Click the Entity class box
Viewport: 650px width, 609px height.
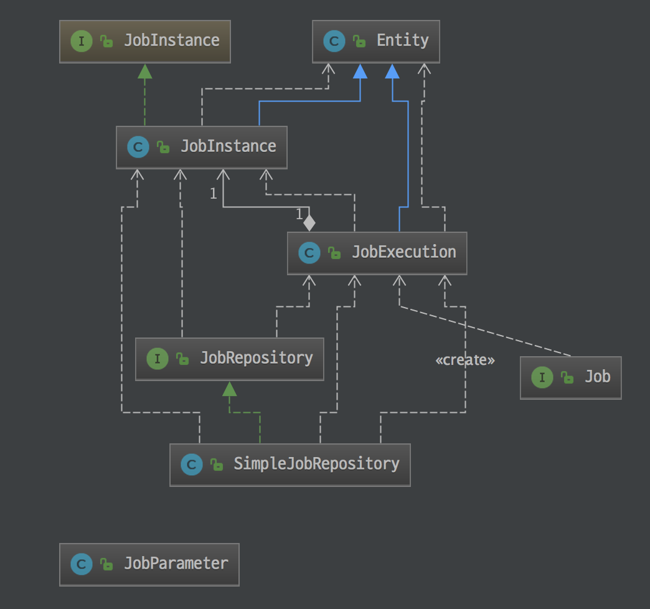(x=376, y=42)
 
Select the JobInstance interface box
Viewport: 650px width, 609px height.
(x=145, y=42)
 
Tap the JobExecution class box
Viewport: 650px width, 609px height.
(x=377, y=253)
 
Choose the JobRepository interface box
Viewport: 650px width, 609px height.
(x=229, y=359)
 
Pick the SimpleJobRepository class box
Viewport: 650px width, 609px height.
(x=290, y=465)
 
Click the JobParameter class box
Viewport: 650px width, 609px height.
(x=149, y=564)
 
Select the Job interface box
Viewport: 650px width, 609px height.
(x=571, y=377)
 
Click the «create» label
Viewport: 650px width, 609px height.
(x=465, y=360)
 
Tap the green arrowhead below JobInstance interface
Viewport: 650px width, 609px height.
(x=145, y=71)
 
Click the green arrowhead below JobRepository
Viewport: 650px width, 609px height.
(x=230, y=389)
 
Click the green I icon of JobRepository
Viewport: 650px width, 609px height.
(x=157, y=359)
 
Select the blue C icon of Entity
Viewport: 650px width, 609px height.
(x=334, y=42)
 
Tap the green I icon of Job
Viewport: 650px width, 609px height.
(x=542, y=377)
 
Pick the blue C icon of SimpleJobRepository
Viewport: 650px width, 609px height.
(x=191, y=465)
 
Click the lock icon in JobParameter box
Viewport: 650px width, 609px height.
(x=107, y=565)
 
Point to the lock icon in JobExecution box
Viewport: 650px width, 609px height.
(x=334, y=253)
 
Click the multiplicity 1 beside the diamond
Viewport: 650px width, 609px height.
(x=299, y=214)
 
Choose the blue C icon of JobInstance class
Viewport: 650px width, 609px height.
(x=138, y=148)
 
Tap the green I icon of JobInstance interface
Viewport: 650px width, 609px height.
(x=82, y=42)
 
